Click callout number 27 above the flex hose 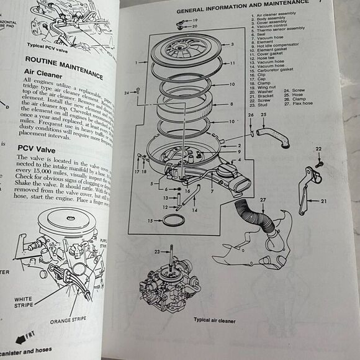pyautogui.click(x=263, y=200)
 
